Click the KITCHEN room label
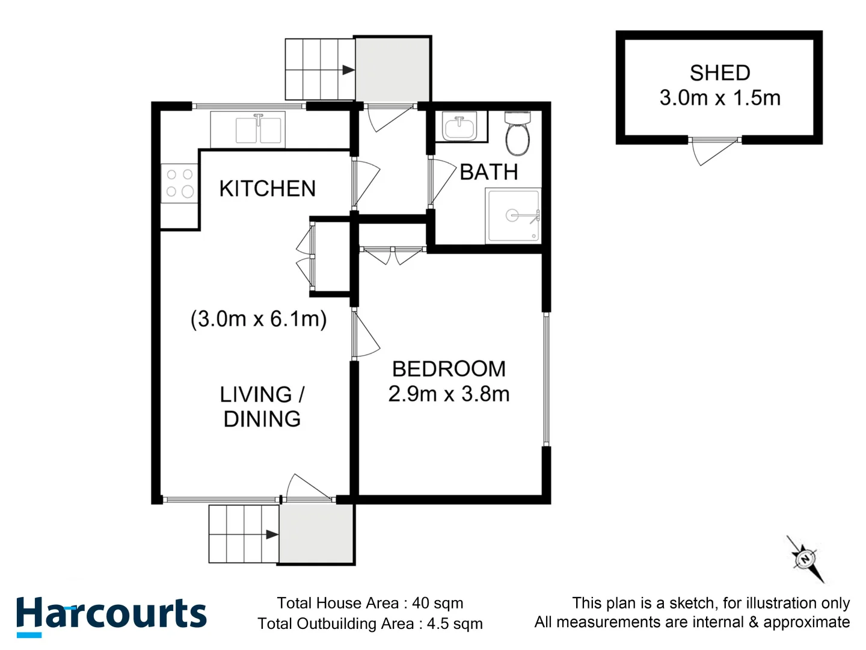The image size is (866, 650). click(267, 188)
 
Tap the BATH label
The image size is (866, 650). click(488, 172)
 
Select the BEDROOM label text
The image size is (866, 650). click(449, 368)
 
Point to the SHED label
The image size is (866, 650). click(719, 73)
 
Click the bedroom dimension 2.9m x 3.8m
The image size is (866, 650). click(449, 394)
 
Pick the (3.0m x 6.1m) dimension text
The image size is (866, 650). click(259, 318)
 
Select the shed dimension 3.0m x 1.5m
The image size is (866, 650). click(719, 97)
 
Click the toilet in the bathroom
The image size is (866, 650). click(517, 134)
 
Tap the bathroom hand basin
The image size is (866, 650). click(459, 126)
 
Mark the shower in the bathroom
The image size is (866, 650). click(513, 216)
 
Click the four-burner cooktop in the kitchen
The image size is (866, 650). click(179, 184)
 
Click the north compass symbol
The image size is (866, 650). click(805, 559)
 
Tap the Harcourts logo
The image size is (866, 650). click(111, 615)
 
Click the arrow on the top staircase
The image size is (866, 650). click(348, 70)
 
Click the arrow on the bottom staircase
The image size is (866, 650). click(272, 534)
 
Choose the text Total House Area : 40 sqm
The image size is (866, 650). click(370, 603)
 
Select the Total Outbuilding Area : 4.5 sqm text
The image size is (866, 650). click(370, 624)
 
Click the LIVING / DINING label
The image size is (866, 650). click(262, 407)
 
